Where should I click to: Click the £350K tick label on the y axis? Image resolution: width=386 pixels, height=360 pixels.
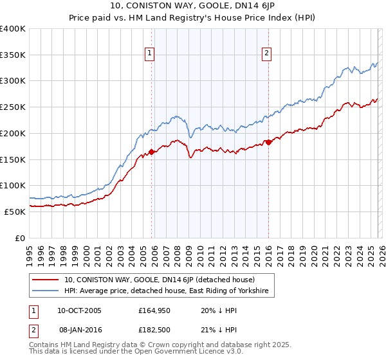[x=13, y=55]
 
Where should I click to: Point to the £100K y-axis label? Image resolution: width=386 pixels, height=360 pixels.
[x=13, y=185]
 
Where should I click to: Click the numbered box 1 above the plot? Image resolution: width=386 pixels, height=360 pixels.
[x=150, y=54]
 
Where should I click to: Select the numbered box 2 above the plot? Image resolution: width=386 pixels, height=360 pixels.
[x=266, y=54]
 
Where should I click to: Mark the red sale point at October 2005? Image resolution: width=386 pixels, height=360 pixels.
[x=151, y=152]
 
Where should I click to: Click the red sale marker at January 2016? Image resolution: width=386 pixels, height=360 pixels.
[x=268, y=142]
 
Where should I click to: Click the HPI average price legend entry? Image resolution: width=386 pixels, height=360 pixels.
[x=169, y=291]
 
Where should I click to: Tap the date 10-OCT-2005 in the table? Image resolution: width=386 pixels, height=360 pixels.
[x=79, y=310]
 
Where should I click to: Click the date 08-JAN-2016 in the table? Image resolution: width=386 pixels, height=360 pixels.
[x=79, y=330]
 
